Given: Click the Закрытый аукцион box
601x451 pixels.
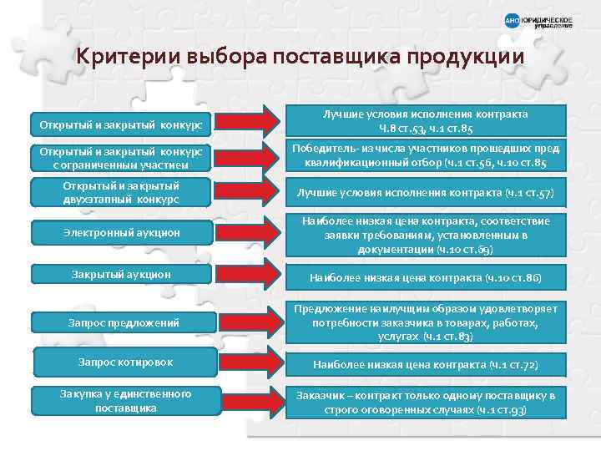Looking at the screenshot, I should point(123,273).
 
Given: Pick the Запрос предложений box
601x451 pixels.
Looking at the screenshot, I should point(123,322).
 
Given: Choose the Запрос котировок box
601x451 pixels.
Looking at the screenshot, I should point(123,362).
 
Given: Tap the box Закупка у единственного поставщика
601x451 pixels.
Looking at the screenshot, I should point(123,401).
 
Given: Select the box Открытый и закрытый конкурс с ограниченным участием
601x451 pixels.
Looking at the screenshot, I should point(123,156).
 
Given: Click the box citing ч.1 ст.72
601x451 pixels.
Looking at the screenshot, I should point(426,365).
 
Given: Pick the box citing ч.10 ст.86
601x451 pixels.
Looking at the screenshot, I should point(426,276).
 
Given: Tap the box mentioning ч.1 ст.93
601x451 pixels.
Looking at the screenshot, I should point(426,403).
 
